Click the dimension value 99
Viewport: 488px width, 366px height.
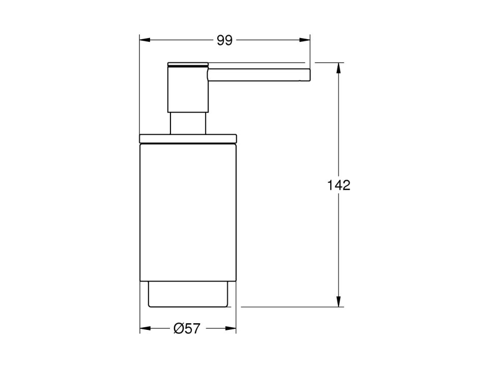pos(224,40)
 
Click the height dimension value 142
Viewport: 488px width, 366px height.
pos(339,185)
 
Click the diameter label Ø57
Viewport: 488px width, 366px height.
pos(187,328)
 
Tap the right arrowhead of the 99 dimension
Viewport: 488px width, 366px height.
pos(305,40)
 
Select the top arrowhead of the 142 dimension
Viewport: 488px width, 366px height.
pos(338,68)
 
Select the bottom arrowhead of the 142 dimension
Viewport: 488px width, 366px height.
pos(338,301)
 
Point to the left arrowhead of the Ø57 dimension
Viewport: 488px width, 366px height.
pos(146,328)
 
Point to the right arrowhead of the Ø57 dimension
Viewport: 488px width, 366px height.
pos(231,328)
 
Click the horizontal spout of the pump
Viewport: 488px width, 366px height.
pos(259,75)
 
